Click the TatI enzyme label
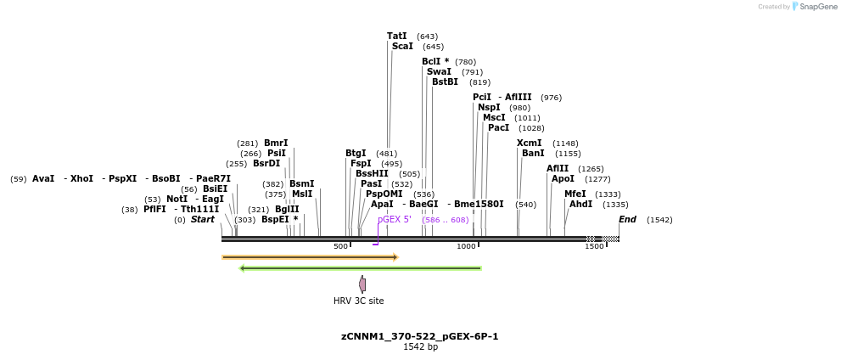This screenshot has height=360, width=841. (396, 36)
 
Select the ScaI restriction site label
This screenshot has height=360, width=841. (402, 46)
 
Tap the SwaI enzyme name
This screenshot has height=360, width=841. (439, 71)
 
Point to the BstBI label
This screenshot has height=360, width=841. (445, 82)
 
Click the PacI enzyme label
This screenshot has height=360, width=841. (498, 127)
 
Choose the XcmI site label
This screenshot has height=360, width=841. (529, 143)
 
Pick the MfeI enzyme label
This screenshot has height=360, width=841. (575, 194)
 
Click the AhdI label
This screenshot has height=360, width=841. (580, 204)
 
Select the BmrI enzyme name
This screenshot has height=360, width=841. (276, 143)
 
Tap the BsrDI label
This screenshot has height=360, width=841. (266, 163)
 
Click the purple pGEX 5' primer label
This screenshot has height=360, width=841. (395, 219)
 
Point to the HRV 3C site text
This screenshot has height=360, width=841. (358, 301)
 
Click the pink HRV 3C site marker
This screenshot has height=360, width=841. (362, 284)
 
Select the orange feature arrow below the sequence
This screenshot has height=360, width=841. (310, 256)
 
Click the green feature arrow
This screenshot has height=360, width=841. (361, 268)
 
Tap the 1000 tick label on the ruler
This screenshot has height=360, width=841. (466, 246)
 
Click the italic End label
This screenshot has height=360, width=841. (627, 219)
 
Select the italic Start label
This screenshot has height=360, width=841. (203, 219)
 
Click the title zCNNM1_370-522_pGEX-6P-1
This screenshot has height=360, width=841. (420, 336)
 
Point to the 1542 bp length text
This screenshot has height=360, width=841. (420, 346)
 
